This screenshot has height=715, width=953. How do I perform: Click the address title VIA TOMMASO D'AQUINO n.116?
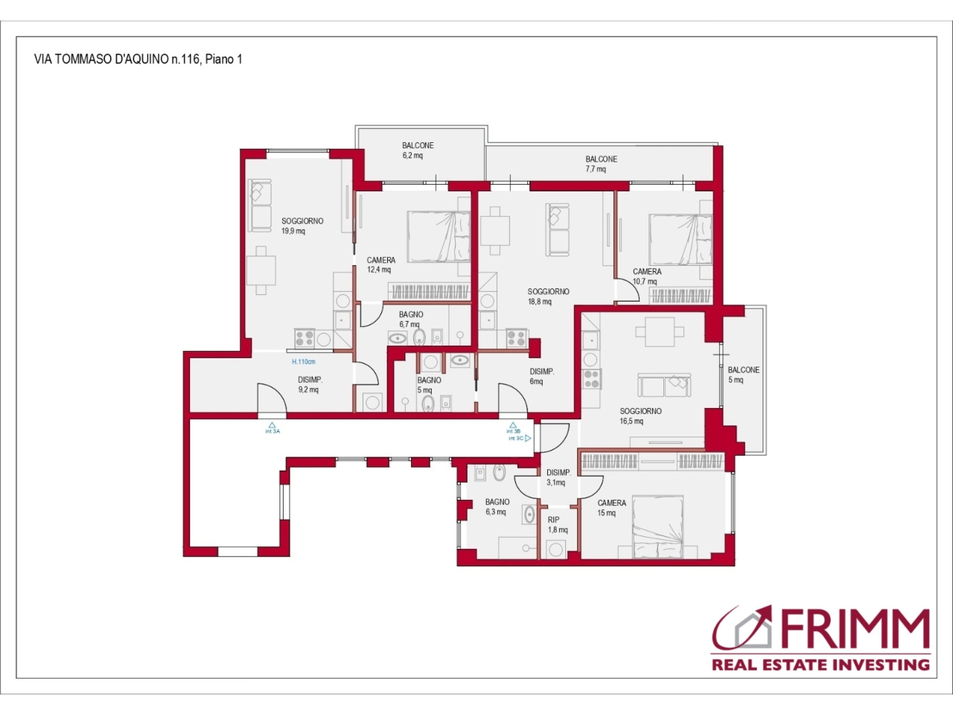117,59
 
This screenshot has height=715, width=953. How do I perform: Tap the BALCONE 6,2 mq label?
418,150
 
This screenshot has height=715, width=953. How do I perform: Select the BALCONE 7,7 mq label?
601,164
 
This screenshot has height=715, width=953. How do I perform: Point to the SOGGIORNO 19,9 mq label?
302,226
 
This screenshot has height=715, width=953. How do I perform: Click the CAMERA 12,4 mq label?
380,265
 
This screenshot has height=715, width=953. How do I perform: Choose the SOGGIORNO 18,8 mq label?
548,296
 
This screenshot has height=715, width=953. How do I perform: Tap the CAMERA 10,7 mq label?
646,276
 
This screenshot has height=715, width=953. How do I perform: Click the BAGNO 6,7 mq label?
411,319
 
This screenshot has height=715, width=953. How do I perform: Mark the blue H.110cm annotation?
304,362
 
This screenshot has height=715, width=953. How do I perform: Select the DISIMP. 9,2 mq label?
310,384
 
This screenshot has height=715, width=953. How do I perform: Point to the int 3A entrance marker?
272,428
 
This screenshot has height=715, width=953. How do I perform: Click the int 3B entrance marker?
513,428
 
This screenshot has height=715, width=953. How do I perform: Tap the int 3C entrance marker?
520,439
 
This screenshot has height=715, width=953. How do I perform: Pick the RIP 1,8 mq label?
558,525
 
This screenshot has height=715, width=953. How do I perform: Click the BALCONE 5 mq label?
743,375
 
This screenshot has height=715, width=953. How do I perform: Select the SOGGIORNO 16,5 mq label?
640,416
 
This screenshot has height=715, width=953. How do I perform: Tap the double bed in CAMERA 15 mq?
657,527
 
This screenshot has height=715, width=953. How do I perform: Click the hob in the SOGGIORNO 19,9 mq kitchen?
305,338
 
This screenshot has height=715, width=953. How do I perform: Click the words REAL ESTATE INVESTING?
820,664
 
